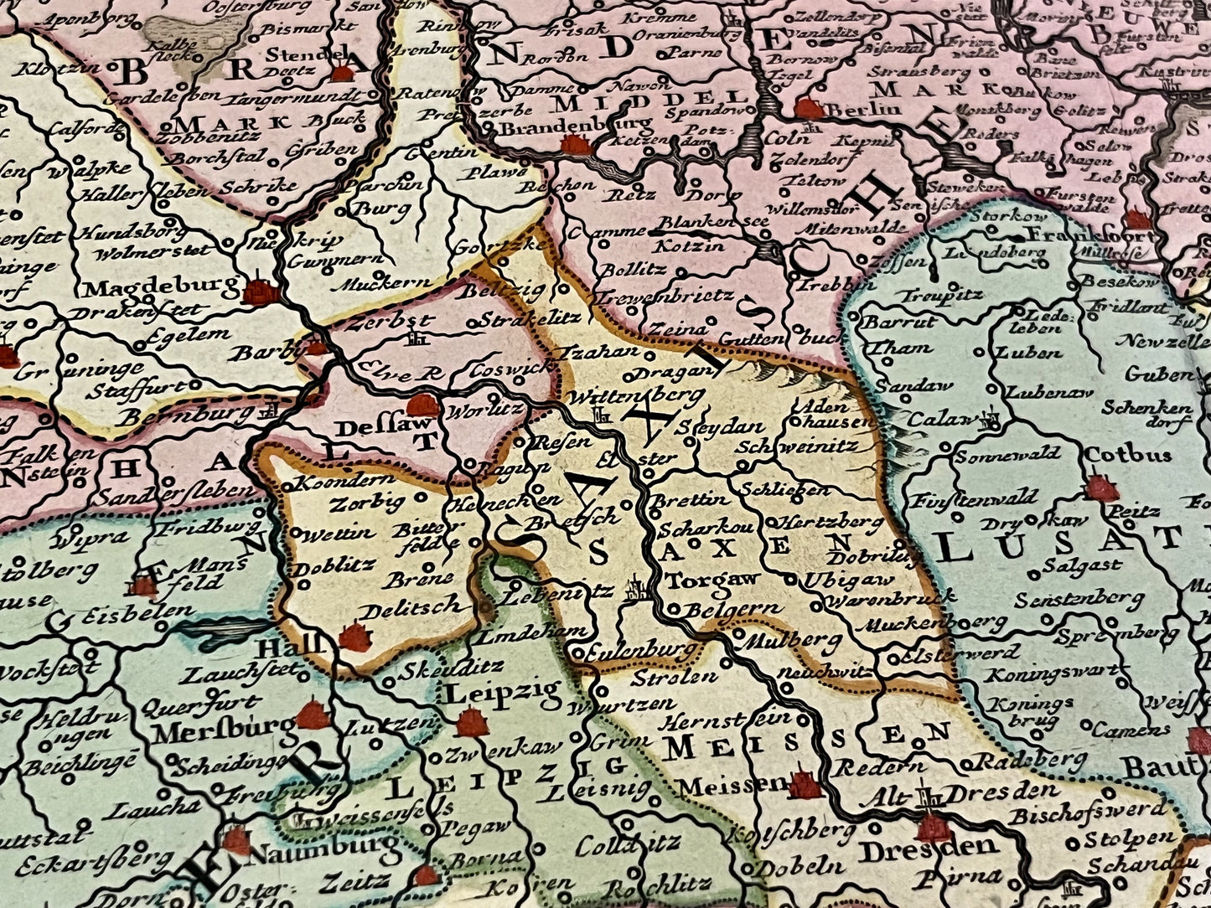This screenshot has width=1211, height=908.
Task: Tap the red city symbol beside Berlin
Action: [x=808, y=108]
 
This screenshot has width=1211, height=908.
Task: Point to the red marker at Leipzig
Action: [x=472, y=722]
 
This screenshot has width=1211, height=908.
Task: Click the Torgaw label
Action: [x=701, y=579]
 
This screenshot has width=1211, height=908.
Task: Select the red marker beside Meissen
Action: [x=804, y=785]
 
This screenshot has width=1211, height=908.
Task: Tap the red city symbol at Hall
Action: [x=355, y=638]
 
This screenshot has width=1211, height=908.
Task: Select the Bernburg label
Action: [x=188, y=415]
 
